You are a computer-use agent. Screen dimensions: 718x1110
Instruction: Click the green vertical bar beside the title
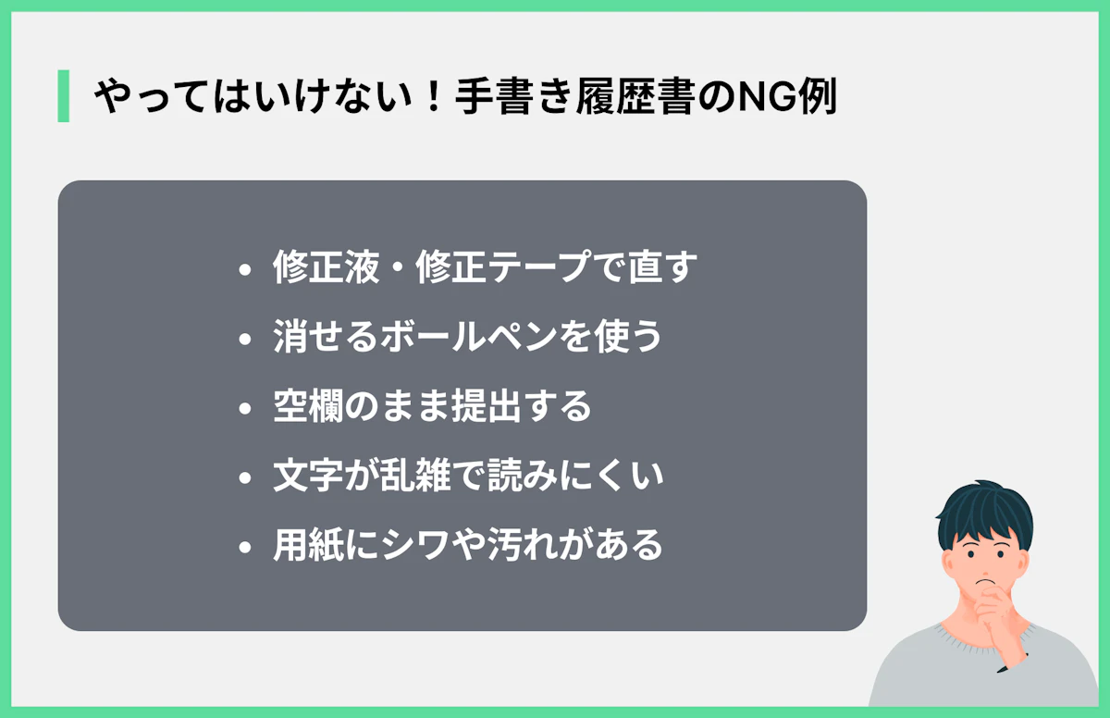point(63,96)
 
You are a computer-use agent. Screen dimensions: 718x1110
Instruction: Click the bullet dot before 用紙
point(244,548)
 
